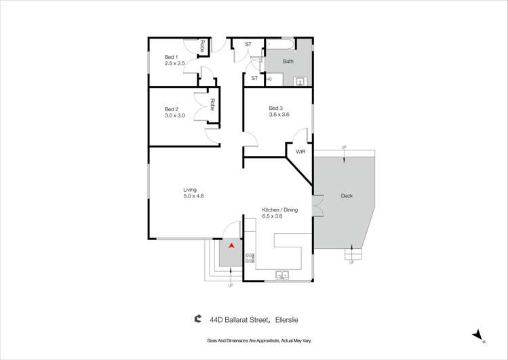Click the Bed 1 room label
coord(171,57)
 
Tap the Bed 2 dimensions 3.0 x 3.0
coord(174,115)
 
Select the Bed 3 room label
coord(276,108)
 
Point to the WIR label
coord(300,151)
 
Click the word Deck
coord(347,196)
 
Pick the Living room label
coord(190,190)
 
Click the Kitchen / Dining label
coord(280,209)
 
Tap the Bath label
coord(288,61)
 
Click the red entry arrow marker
coord(231,245)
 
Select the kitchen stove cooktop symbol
coord(250,258)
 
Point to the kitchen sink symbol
coord(283,275)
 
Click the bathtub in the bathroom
coord(280,44)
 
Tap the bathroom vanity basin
coord(300,81)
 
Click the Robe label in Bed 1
coord(202,46)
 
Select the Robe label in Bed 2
coord(212,104)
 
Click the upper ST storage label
coord(248,44)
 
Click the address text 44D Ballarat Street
coord(239,320)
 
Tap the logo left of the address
coord(198,319)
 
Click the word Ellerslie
coord(287,320)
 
